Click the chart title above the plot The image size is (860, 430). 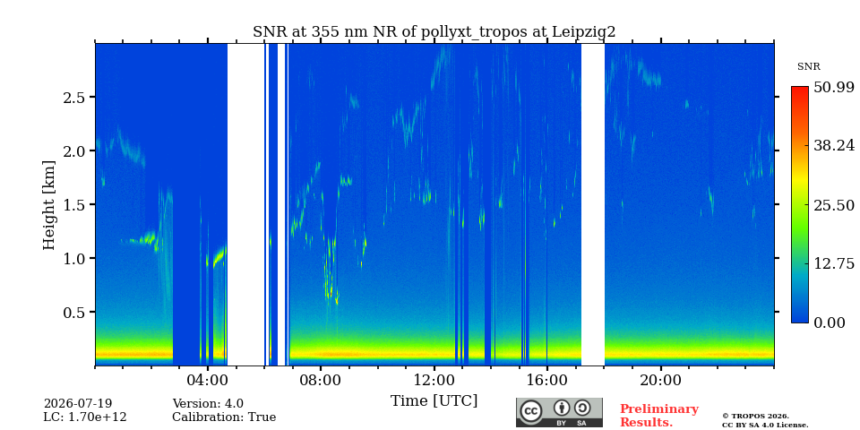(434, 32)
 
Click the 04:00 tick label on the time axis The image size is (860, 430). (208, 381)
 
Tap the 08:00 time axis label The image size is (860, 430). (321, 381)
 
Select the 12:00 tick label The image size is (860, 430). (434, 381)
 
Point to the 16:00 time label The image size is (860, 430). (546, 381)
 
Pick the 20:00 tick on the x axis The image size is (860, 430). (660, 381)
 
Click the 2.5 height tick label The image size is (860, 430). (74, 97)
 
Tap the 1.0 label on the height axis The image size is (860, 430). (74, 258)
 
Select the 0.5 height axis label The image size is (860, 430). (74, 312)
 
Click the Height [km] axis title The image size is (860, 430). (49, 205)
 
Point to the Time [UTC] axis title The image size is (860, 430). (434, 401)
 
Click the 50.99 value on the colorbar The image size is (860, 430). (834, 87)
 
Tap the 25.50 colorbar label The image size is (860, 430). (834, 205)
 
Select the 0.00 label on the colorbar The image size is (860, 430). (830, 322)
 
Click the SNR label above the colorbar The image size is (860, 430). (808, 67)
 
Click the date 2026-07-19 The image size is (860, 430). (77, 404)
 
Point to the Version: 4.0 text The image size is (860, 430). (208, 404)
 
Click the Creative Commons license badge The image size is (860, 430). (559, 412)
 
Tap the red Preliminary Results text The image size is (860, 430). (658, 415)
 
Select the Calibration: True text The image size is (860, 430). (224, 417)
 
